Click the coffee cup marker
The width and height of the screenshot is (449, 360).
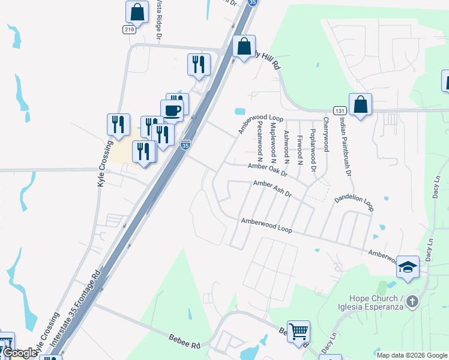[x=172, y=111]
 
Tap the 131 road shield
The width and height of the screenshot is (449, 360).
[x=340, y=111]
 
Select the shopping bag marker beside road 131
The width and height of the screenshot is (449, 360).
[x=360, y=105]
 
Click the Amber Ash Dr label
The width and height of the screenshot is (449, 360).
[x=272, y=189]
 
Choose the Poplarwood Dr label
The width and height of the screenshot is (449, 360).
[x=313, y=149]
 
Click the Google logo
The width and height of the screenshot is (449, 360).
[x=19, y=353]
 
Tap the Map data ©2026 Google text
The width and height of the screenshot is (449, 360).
[x=412, y=355]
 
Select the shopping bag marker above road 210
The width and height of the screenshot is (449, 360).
[x=137, y=12]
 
